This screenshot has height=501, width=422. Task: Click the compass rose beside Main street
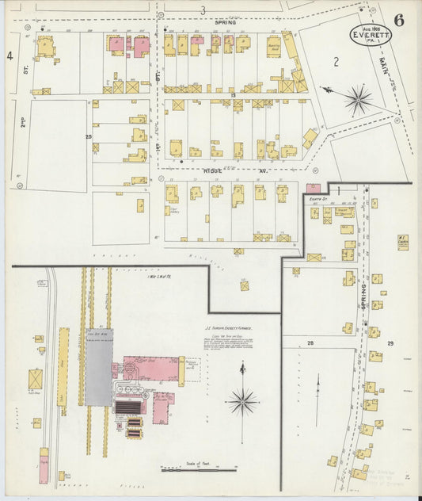pos(358,99)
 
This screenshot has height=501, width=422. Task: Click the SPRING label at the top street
pos(225,22)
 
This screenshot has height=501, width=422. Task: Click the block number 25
pos(89,136)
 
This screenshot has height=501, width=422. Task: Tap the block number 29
pos(390,342)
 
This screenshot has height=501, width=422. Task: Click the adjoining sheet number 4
pos(10,55)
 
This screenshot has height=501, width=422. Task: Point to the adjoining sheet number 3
pos(203,10)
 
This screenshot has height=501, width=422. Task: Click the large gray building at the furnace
pos(100,367)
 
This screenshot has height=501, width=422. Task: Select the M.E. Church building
pos(402,241)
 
